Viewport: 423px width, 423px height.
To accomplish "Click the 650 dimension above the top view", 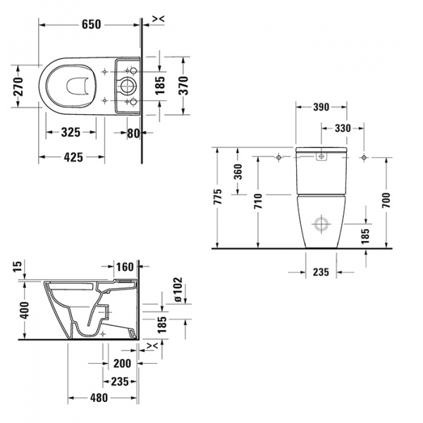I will click(x=92, y=25).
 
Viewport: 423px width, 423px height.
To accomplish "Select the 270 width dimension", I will click(x=19, y=86).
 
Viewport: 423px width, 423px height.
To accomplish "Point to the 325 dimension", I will click(x=70, y=132).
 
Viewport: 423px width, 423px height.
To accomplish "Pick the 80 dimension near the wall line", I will click(x=133, y=132).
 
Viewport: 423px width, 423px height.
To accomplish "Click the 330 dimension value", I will click(x=342, y=128).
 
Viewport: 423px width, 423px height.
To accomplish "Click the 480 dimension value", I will click(x=98, y=398).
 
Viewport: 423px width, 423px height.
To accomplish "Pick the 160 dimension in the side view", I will click(x=124, y=267).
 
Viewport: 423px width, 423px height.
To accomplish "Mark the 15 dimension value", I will click(x=18, y=266).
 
